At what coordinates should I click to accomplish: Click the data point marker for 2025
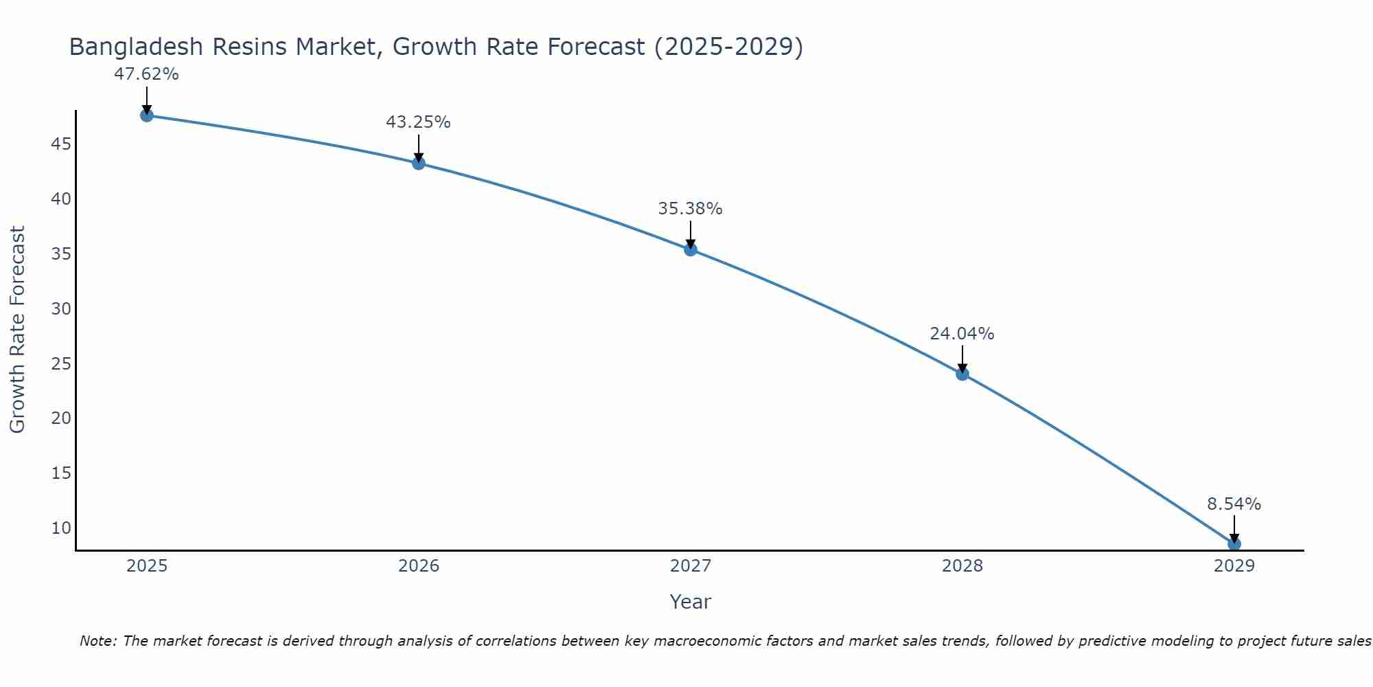(x=146, y=115)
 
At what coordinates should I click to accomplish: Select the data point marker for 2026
(x=419, y=164)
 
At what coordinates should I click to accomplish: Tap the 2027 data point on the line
(x=691, y=249)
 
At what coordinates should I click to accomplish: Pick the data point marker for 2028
(x=962, y=374)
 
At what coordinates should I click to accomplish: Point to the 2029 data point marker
(x=1234, y=544)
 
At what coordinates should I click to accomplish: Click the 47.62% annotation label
(x=146, y=74)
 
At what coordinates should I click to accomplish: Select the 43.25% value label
(x=418, y=122)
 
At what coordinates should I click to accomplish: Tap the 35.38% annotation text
(x=690, y=209)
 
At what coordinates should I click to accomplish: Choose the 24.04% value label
(x=962, y=334)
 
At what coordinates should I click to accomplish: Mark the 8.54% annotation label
(x=1234, y=504)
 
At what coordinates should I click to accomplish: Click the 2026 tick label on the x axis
(x=419, y=566)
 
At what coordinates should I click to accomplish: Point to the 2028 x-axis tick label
(x=962, y=566)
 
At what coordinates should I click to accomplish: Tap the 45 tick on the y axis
(x=61, y=144)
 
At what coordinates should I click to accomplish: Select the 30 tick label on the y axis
(x=61, y=308)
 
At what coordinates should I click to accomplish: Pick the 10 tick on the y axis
(x=61, y=528)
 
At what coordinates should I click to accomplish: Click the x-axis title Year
(x=690, y=602)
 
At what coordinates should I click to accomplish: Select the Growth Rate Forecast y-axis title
(x=18, y=329)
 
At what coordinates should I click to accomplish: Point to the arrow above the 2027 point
(x=691, y=234)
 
